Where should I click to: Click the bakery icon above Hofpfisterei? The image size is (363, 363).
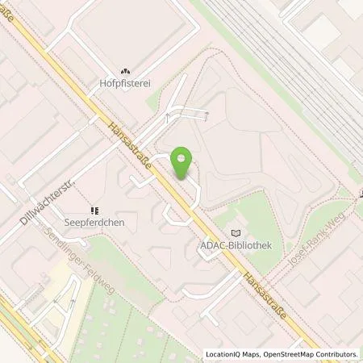pyautogui.click(x=125, y=70)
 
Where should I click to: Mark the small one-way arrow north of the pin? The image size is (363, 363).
pyautogui.click(x=167, y=119)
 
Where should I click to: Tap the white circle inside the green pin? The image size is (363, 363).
pyautogui.click(x=183, y=156)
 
